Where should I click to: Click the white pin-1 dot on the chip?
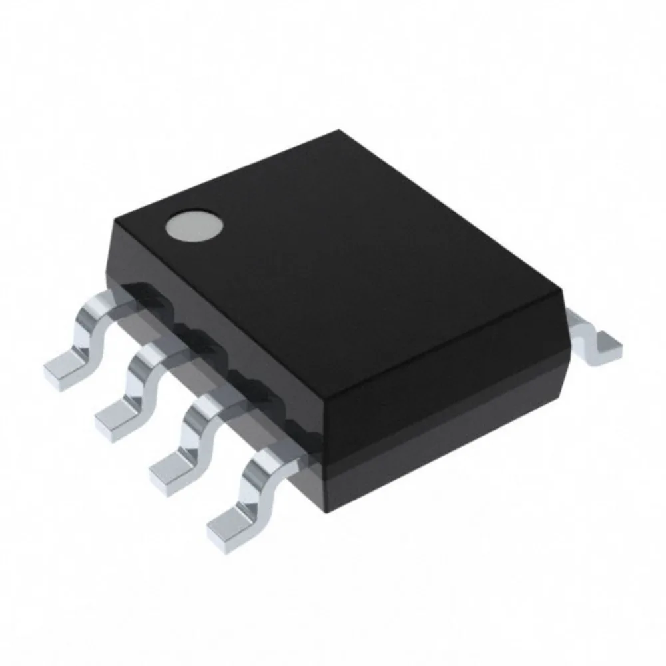click(x=194, y=226)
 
